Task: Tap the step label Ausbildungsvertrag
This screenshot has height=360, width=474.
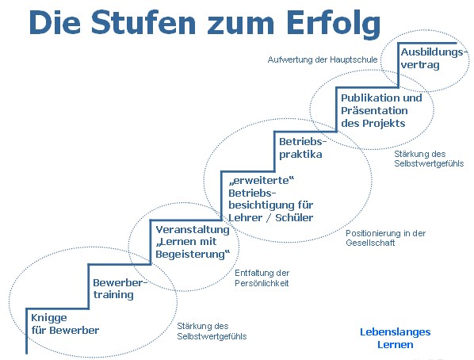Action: tap(432, 59)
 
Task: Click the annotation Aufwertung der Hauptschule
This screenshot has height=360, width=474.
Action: tap(323, 59)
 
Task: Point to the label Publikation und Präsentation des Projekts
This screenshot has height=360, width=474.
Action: tap(381, 111)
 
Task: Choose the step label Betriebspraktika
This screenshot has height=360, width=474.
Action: tap(303, 148)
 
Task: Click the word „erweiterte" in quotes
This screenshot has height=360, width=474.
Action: tap(262, 181)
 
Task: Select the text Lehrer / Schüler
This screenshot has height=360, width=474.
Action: tap(271, 217)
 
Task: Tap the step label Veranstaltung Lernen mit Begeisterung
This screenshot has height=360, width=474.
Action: tap(193, 242)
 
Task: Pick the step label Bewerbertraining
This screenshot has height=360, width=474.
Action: tap(120, 289)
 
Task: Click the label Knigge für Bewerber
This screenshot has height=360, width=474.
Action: tap(65, 324)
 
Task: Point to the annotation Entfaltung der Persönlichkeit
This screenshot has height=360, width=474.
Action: tap(262, 278)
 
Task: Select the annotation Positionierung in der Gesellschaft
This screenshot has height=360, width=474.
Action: tap(386, 238)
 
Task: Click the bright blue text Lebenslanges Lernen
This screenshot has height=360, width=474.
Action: tap(396, 339)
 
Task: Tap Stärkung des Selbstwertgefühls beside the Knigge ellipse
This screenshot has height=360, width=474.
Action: tap(212, 331)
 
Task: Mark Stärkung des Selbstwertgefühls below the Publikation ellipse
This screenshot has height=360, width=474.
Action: tap(429, 159)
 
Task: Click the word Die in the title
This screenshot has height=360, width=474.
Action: tap(55, 22)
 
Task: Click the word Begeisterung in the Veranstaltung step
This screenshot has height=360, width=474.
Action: tap(193, 255)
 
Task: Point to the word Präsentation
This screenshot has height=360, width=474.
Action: tap(374, 111)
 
